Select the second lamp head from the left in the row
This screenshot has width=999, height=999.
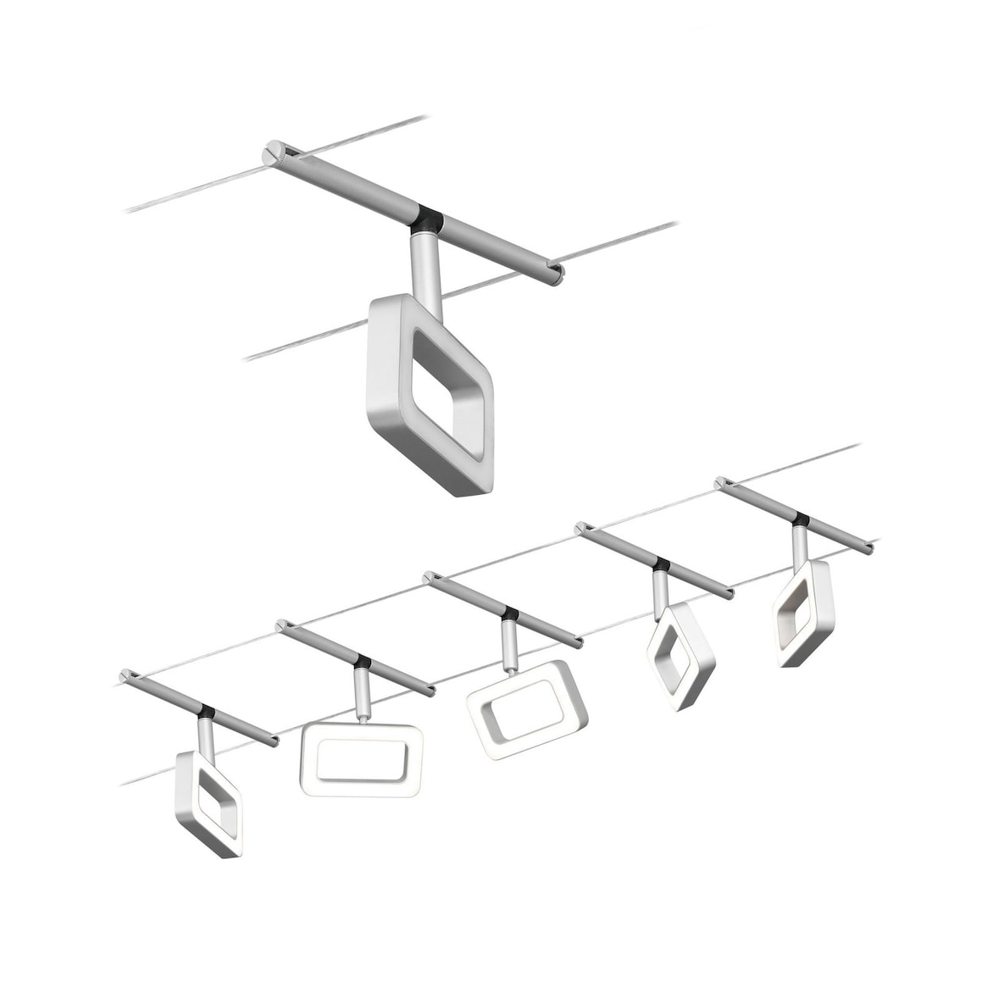[x=361, y=759]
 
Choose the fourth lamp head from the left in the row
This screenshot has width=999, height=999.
[x=680, y=656]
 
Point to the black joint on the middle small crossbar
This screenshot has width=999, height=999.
[x=509, y=612]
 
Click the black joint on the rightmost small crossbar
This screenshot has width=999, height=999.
[x=800, y=518]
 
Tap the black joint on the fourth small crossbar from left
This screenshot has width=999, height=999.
[x=661, y=564]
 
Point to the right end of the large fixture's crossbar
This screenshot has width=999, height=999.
[x=554, y=275]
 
